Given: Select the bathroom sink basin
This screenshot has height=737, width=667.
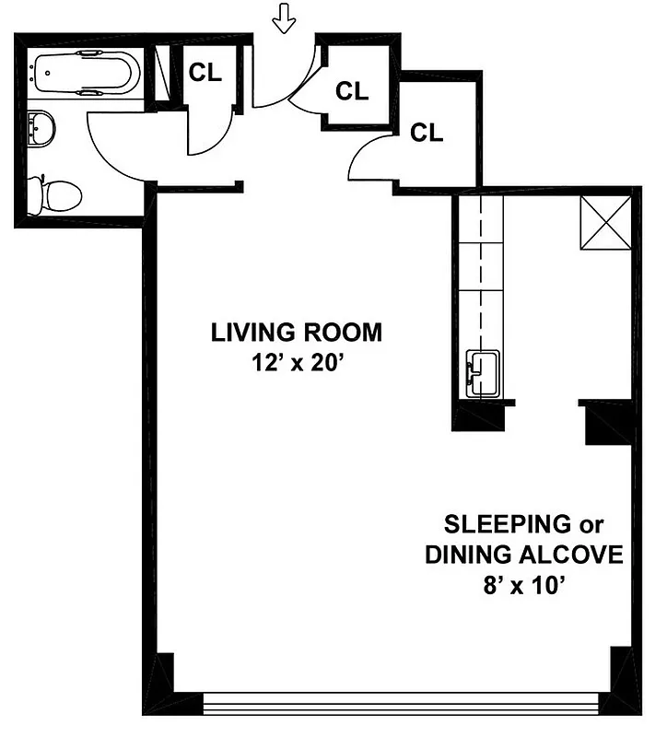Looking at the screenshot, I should click(x=41, y=128).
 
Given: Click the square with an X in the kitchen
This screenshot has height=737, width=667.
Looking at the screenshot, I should click(x=604, y=223).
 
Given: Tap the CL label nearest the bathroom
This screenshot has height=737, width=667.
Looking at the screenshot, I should click(x=206, y=75).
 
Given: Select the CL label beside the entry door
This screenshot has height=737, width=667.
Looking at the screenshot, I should click(x=351, y=91).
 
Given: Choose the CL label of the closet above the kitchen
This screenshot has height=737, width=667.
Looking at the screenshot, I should click(x=427, y=133).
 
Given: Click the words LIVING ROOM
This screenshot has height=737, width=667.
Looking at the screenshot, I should click(x=296, y=333).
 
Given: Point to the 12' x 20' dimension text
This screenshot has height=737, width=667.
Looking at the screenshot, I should click(x=296, y=362).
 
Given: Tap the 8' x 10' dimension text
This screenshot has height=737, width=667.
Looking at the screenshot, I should click(x=522, y=585).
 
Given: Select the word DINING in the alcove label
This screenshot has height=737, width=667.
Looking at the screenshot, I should click(x=465, y=556).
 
